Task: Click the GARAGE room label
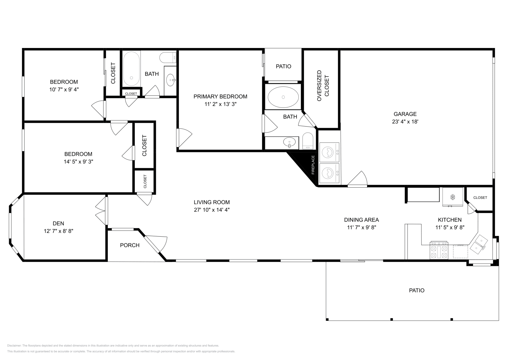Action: [405, 114]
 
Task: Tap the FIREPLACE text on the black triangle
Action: [313, 165]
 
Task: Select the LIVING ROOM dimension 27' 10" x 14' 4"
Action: [212, 210]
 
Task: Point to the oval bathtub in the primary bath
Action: [283, 97]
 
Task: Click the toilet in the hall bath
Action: [168, 58]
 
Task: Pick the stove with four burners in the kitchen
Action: [439, 250]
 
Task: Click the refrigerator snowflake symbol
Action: [453, 197]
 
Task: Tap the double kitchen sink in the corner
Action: [479, 244]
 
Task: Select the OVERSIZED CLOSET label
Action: [323, 86]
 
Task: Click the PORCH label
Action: [129, 245]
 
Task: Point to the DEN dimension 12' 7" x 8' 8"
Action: [59, 231]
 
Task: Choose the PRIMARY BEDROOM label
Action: [220, 97]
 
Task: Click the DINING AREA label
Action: [361, 220]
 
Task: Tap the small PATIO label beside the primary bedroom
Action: [283, 66]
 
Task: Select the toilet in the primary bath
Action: [308, 141]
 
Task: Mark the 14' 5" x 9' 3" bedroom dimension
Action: [78, 162]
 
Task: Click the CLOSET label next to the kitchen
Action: [480, 197]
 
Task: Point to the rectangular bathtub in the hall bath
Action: [131, 69]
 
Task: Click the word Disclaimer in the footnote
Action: [14, 345]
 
